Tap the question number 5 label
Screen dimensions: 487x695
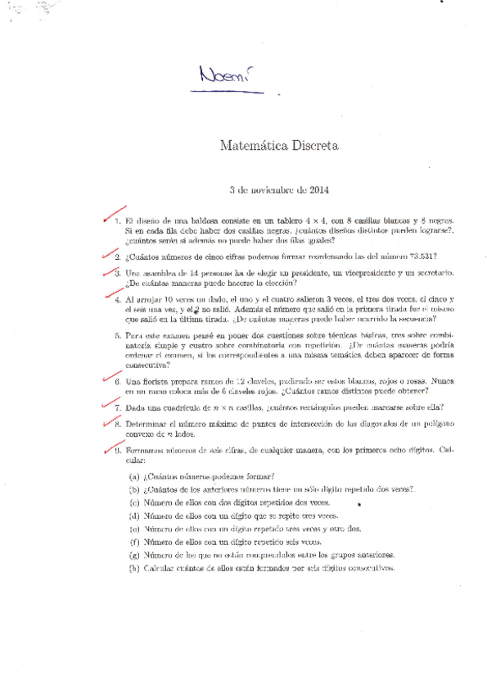(x=118, y=335)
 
